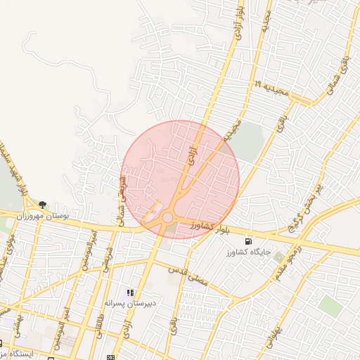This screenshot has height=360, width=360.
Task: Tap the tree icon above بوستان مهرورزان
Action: [x=43, y=205]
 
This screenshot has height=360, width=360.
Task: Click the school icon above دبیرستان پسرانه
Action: [x=130, y=292]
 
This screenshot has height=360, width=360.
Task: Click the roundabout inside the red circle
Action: [x=167, y=218]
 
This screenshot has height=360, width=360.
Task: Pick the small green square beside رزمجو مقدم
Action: [x=279, y=257]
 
